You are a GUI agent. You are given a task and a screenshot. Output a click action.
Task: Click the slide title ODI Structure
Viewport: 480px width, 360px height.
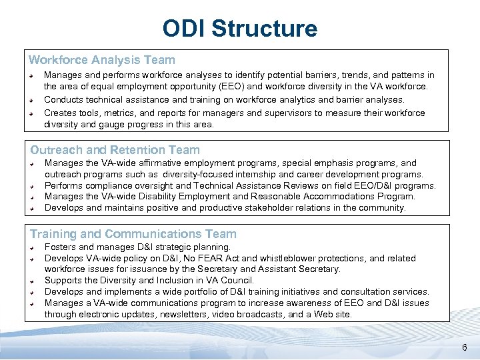240,29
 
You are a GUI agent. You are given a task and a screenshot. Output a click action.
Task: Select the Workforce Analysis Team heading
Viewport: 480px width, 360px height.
102,60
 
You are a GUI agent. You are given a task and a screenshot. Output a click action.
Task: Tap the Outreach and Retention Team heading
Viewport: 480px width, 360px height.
115,151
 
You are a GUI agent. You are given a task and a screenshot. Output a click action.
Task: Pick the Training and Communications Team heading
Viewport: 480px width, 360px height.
133,234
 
